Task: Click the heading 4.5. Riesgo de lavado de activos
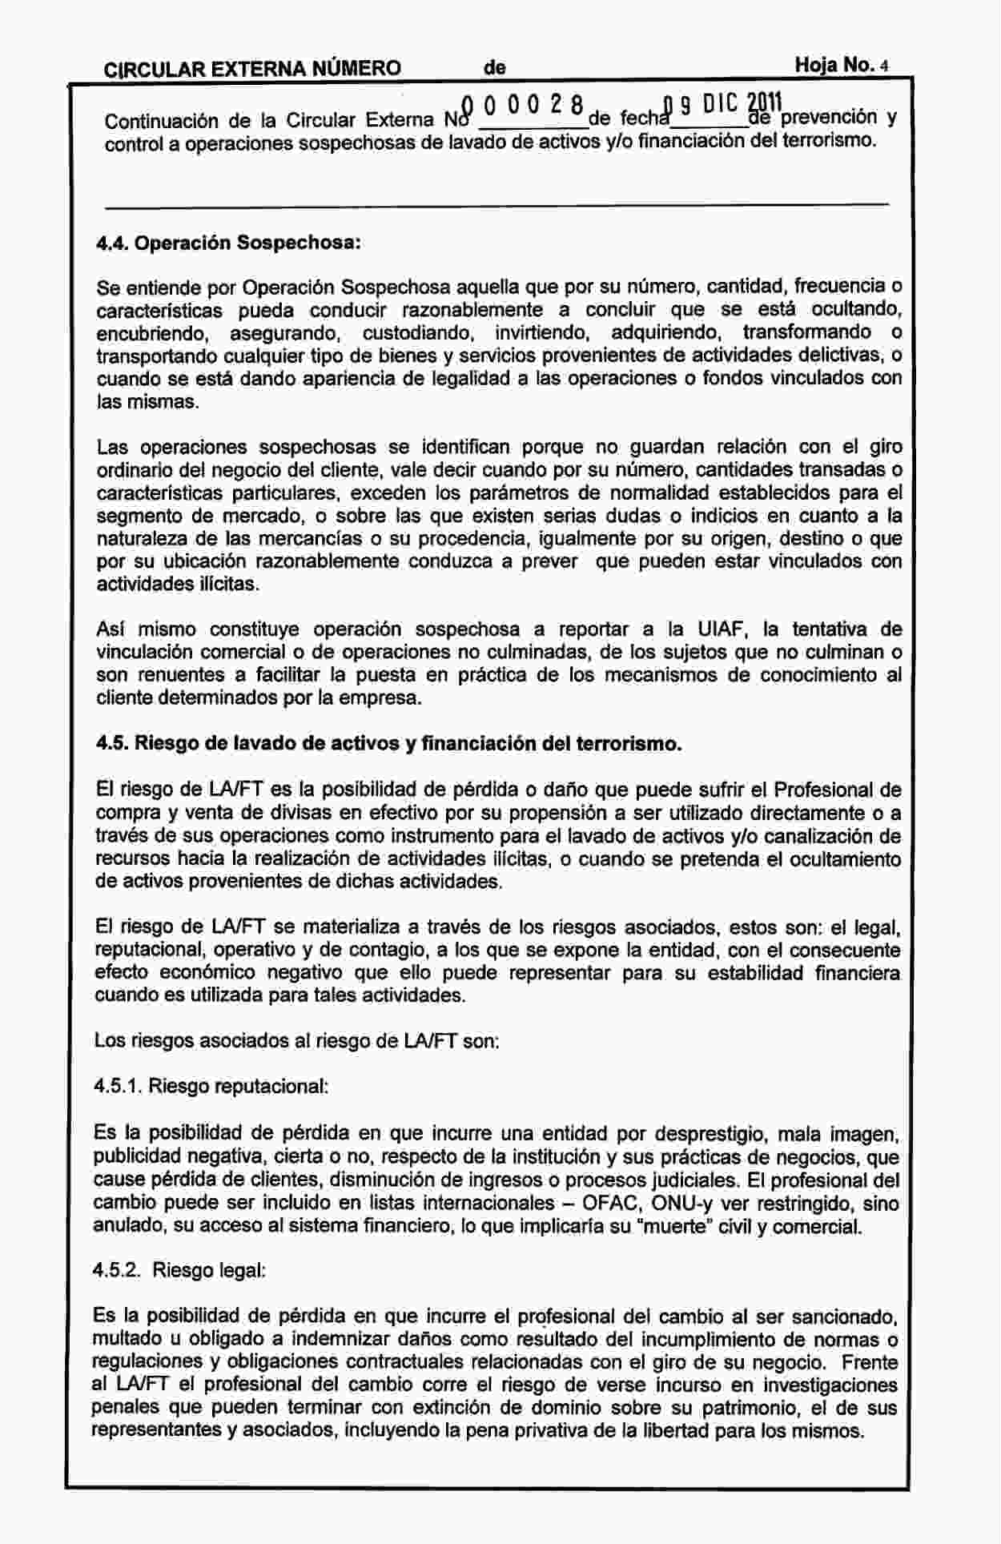pos(388,744)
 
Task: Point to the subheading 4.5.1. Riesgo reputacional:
pos(211,1087)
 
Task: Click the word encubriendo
pos(153,332)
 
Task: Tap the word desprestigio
pos(711,1135)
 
